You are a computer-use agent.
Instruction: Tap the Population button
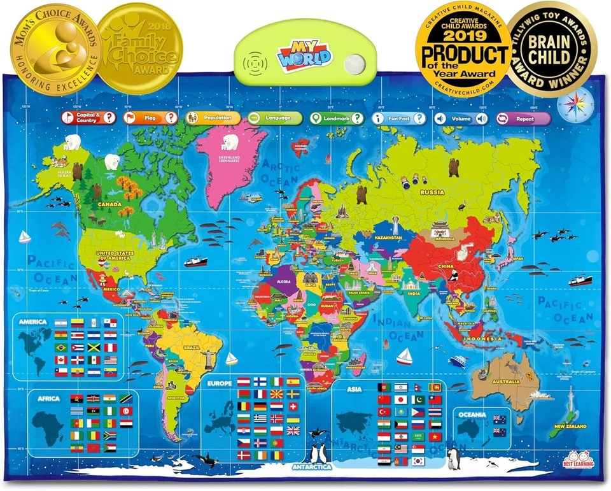pos(213,118)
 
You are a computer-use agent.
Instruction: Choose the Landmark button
pos(337,118)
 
